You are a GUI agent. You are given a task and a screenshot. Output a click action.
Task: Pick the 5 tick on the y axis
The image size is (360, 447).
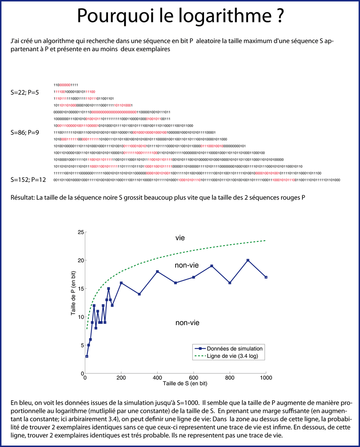[81, 345]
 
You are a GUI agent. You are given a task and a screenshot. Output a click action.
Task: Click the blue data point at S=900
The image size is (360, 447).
[248, 260]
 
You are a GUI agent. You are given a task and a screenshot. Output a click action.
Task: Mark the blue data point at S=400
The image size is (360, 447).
[158, 271]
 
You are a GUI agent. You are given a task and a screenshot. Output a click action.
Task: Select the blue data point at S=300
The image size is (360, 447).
[139, 294]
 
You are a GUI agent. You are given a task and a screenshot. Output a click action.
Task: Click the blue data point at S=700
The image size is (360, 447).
[212, 266]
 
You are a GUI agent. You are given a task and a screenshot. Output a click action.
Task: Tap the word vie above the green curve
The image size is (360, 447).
[180, 238]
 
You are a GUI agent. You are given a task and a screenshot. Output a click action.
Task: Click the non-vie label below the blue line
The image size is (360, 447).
[187, 323]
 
